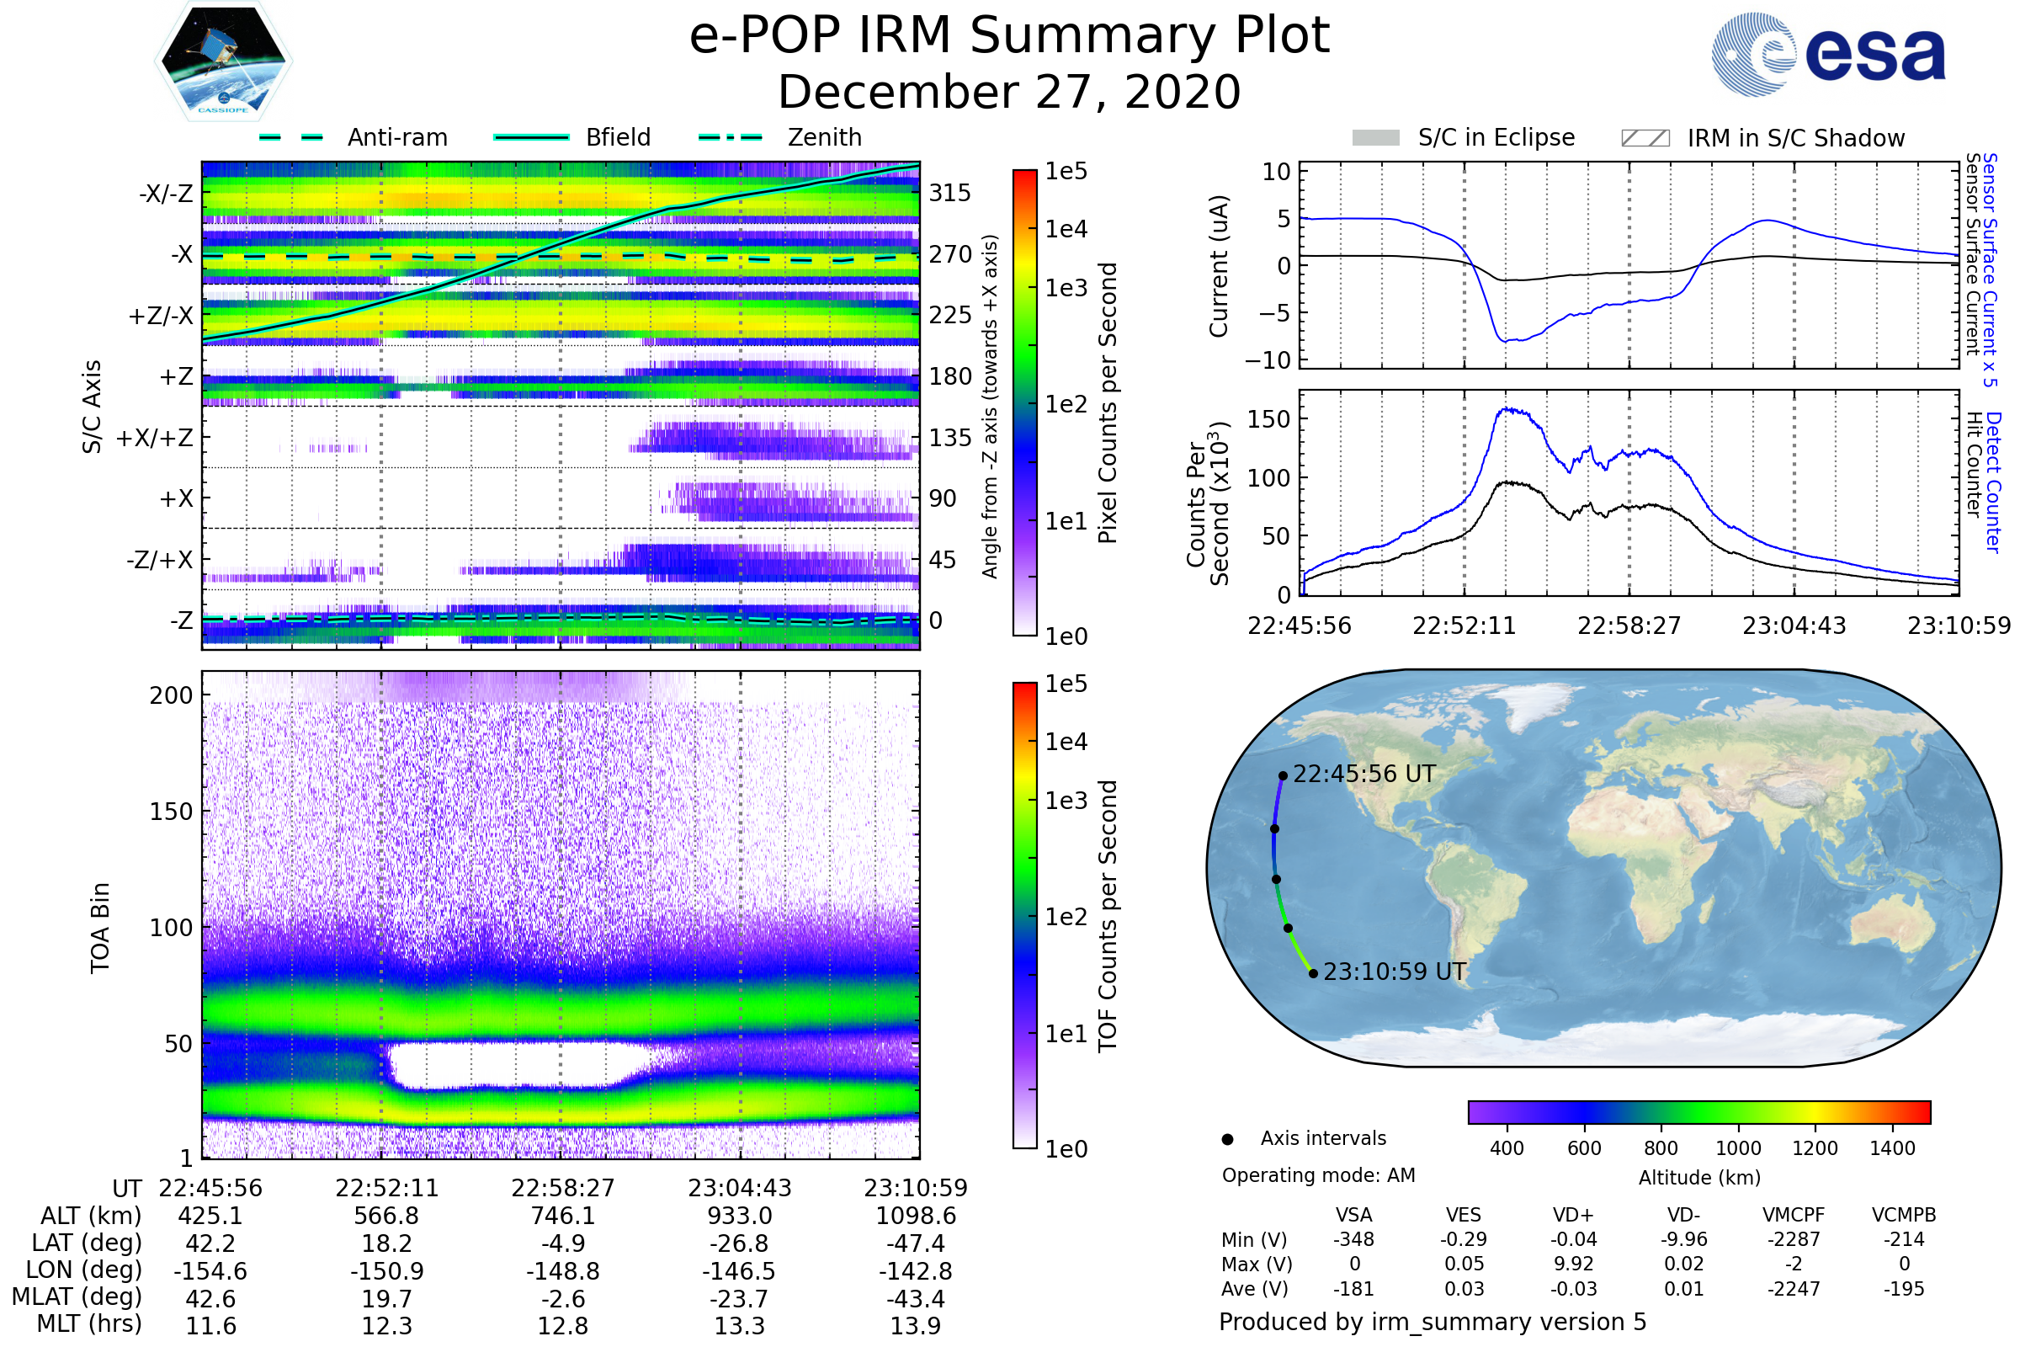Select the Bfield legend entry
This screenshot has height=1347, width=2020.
click(618, 137)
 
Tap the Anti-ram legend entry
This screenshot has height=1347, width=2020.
click(396, 137)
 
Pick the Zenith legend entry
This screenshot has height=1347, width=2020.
click(825, 137)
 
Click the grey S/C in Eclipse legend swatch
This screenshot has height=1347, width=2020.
click(1375, 137)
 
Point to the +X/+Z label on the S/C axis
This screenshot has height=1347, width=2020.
click(155, 438)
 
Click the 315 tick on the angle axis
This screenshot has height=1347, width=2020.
click(949, 193)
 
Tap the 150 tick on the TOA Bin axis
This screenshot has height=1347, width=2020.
click(171, 812)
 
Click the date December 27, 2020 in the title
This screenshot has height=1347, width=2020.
click(1009, 92)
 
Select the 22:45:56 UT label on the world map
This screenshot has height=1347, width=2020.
click(1363, 774)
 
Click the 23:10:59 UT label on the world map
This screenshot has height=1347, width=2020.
click(1394, 972)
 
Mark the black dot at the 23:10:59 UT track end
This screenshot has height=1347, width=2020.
click(1313, 973)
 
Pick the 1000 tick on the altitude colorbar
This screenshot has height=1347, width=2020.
click(1737, 1148)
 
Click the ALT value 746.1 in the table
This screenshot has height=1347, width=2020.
click(562, 1216)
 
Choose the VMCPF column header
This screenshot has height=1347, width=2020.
click(1794, 1215)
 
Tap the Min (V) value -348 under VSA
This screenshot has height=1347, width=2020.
click(1353, 1239)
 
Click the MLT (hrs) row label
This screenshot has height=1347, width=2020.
click(88, 1323)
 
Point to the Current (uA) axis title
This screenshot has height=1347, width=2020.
click(1219, 266)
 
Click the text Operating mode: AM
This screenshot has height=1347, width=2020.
click(1318, 1175)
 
